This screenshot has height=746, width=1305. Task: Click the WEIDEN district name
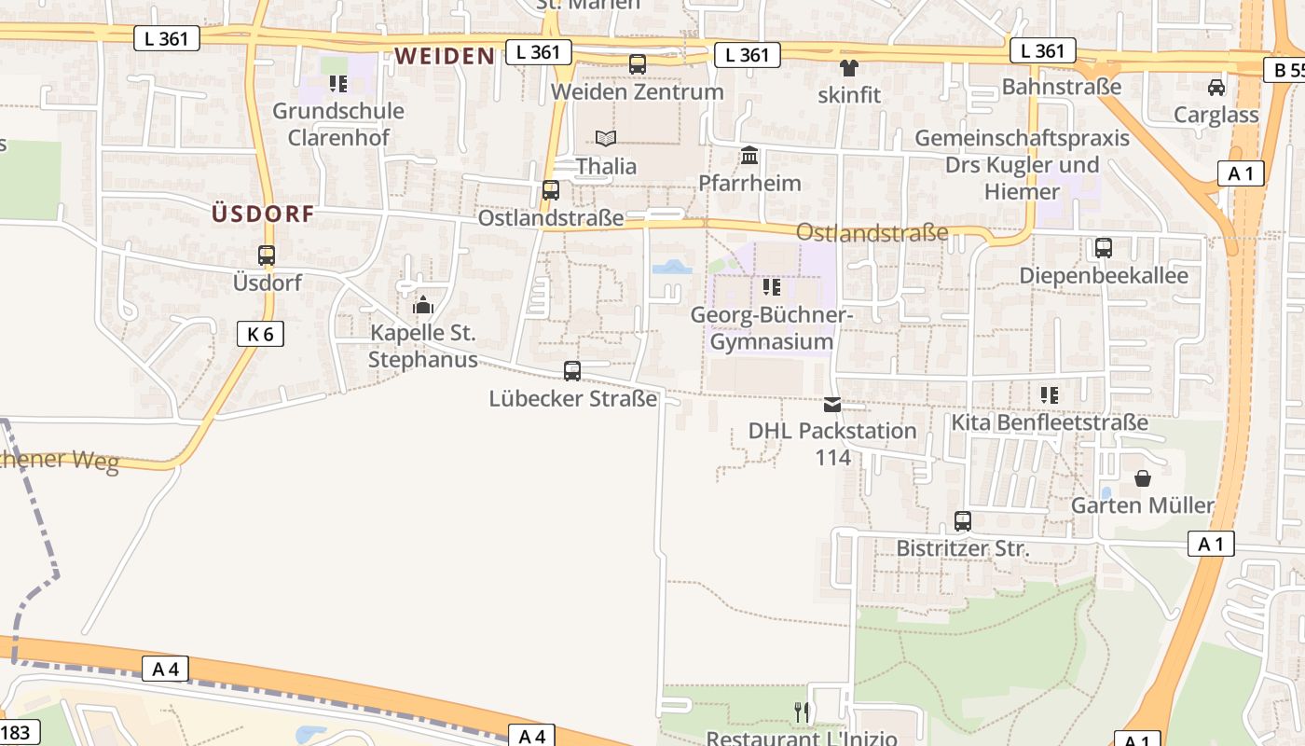tap(444, 56)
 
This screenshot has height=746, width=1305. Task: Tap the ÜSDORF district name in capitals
tap(262, 214)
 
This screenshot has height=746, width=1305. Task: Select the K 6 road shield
tap(260, 334)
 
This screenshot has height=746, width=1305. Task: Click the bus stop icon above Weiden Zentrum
tap(638, 64)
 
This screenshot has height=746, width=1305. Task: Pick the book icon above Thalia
tap(606, 139)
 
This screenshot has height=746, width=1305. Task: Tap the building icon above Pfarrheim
tap(749, 155)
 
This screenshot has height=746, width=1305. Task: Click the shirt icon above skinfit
tap(849, 67)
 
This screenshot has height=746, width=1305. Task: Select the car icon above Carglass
tap(1216, 88)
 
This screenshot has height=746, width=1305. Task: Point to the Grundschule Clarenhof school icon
tap(337, 84)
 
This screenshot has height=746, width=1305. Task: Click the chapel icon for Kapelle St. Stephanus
tap(423, 305)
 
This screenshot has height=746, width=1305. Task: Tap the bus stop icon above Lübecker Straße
tap(572, 371)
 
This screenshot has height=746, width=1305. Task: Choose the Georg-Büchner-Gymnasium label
tap(772, 328)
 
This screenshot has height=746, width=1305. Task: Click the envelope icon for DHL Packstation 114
tap(832, 404)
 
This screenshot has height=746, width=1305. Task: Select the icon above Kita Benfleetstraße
tap(1050, 395)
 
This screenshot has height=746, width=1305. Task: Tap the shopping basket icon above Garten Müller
tap(1143, 478)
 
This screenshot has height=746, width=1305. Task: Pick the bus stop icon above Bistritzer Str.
tap(963, 521)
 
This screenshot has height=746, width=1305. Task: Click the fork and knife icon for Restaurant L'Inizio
tap(802, 712)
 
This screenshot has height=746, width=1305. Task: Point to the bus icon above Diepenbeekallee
tap(1104, 248)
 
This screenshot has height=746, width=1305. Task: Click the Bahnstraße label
tap(1062, 87)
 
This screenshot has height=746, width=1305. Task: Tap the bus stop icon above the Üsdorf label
tap(267, 256)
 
